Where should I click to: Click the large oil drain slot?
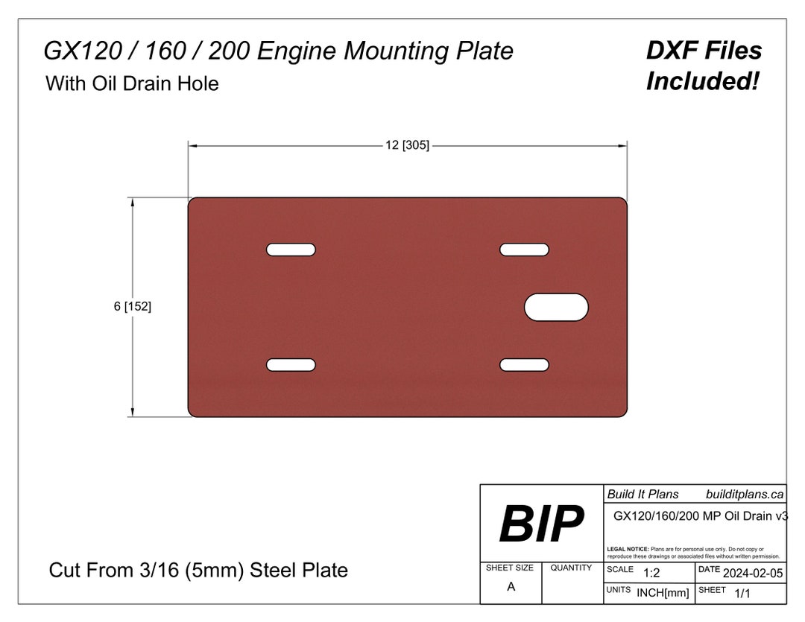(556, 307)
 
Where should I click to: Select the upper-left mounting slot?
(291, 250)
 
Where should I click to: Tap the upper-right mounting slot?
(524, 250)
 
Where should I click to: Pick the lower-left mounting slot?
(291, 364)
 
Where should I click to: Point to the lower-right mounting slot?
(524, 364)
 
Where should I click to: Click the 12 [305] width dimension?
(407, 145)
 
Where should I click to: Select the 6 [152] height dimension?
(133, 306)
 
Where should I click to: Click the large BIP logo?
(541, 524)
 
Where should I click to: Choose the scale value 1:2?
(651, 572)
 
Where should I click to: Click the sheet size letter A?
(511, 586)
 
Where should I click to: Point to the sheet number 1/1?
(742, 593)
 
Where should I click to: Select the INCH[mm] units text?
(663, 593)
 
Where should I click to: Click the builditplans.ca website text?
(744, 494)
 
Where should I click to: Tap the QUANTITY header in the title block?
(571, 568)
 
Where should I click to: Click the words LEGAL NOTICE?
(628, 549)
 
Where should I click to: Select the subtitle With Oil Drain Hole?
(132, 83)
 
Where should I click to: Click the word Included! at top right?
(702, 81)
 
